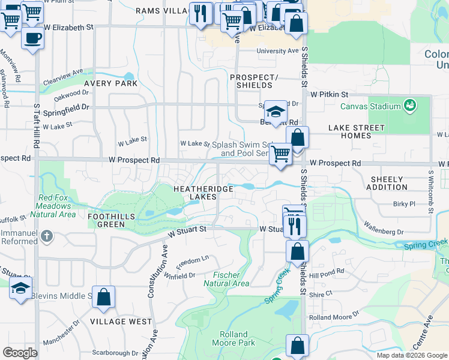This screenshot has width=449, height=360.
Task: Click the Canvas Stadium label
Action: tap(370, 106)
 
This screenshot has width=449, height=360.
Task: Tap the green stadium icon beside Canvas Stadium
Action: tap(411, 106)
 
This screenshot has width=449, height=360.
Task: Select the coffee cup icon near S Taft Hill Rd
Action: tap(32, 38)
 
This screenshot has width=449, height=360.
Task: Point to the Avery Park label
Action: tap(111, 83)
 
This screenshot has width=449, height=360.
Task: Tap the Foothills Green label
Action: tap(106, 220)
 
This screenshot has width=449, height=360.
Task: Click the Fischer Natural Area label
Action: tap(226, 279)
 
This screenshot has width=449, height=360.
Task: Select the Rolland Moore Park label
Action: tap(233, 338)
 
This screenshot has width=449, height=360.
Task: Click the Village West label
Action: tap(121, 322)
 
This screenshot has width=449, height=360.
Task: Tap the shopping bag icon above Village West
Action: tap(103, 297)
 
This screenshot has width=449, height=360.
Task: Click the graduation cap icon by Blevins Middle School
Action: tap(20, 287)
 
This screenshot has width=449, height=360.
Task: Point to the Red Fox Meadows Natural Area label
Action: tap(57, 206)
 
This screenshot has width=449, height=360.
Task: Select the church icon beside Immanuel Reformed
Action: tap(46, 236)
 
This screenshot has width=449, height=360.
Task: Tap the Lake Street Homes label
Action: tap(357, 131)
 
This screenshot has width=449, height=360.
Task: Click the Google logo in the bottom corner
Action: tap(20, 352)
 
